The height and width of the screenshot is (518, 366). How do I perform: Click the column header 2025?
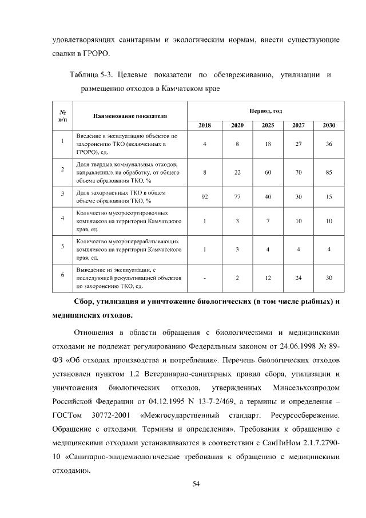(x=267, y=125)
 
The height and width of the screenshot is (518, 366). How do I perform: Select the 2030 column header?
(x=329, y=125)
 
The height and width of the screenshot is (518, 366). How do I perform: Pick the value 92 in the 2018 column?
(x=205, y=196)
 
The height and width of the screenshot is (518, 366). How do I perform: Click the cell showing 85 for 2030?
(x=329, y=171)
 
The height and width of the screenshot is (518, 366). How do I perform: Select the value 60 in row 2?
(x=267, y=171)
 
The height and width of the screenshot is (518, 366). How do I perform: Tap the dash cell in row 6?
(x=205, y=278)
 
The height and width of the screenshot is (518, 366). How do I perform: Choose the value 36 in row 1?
(x=329, y=144)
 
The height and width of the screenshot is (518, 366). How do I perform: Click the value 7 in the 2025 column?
(x=267, y=221)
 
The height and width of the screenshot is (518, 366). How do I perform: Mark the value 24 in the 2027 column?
(x=298, y=278)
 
